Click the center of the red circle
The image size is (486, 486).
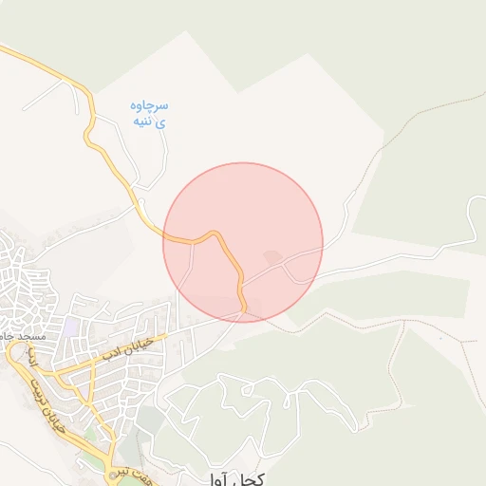[x=243, y=242]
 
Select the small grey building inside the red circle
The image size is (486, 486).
[x=272, y=257]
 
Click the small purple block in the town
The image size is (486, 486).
[x=70, y=327]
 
